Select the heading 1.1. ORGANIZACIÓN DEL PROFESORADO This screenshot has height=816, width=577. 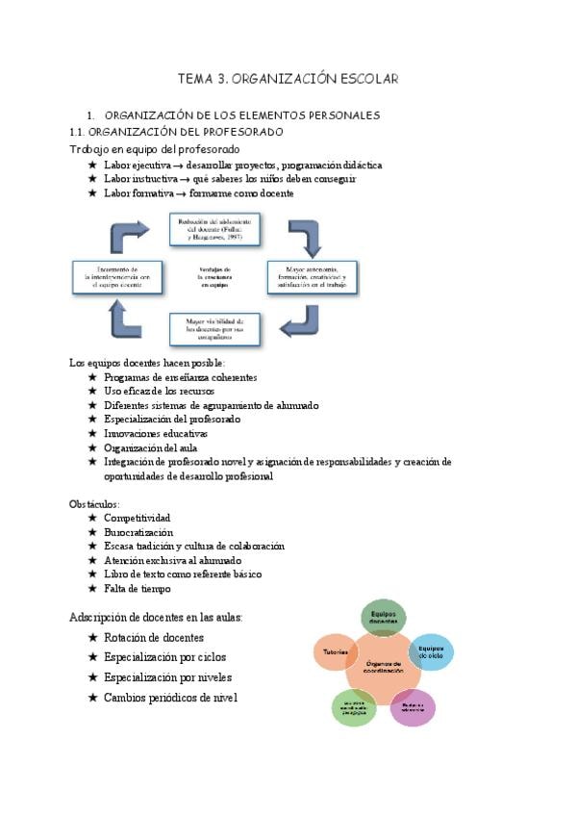[176, 132]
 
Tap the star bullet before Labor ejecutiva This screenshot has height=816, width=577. [92, 166]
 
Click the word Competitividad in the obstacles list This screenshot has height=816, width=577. [138, 518]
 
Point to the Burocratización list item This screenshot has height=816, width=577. [138, 532]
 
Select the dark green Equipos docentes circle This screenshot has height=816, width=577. [382, 618]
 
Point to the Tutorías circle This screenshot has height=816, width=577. [333, 651]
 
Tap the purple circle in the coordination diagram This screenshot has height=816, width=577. [413, 708]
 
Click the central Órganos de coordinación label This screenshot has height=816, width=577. [383, 666]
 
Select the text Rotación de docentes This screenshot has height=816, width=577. [154, 638]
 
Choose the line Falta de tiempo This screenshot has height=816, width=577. [137, 588]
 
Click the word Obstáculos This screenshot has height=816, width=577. [94, 504]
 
